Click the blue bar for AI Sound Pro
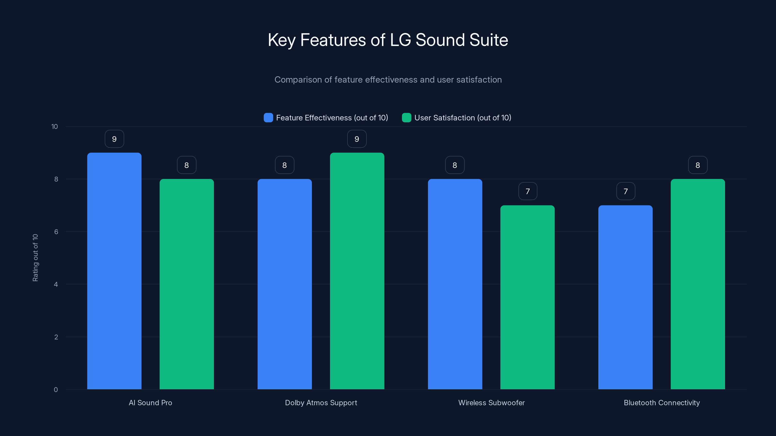[114, 271]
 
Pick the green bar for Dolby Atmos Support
[357, 271]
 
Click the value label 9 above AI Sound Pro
[114, 139]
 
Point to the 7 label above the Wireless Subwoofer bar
[527, 191]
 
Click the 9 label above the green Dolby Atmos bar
[357, 139]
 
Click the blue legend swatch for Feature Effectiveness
[268, 118]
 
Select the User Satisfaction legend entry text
[462, 118]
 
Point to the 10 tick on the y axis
[55, 127]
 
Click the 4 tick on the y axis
[56, 284]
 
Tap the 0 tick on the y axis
[56, 390]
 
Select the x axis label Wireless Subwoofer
[491, 403]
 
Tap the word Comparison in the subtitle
[298, 80]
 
